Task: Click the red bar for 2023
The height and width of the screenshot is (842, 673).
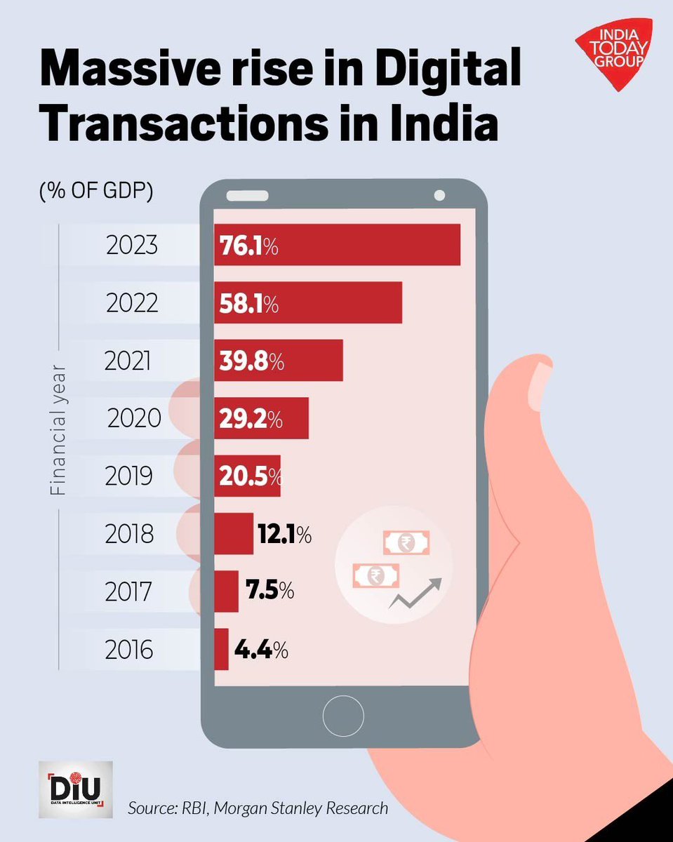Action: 337,245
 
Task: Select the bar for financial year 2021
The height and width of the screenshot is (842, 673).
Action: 279,361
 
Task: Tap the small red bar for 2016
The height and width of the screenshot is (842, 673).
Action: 221,649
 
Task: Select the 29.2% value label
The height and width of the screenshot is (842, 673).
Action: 250,420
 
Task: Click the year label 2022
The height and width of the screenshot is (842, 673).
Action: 132,304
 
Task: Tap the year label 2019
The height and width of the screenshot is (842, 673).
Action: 128,476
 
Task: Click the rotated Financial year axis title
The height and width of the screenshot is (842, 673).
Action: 58,429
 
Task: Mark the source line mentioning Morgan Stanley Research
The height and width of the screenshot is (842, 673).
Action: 258,808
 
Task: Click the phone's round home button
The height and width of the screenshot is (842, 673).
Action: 343,716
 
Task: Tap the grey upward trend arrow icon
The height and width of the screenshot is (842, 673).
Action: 415,593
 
